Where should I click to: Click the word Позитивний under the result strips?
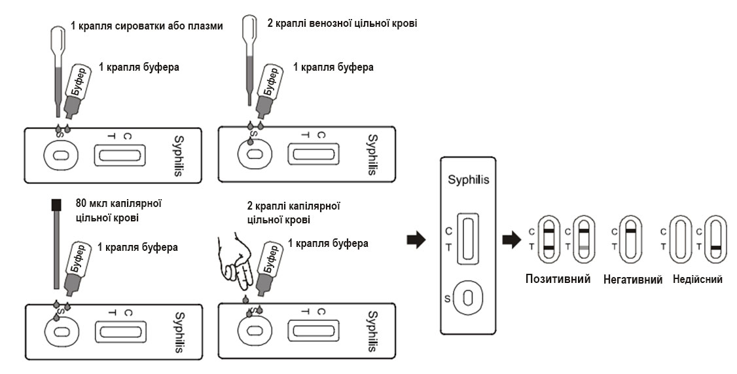[x=558, y=279]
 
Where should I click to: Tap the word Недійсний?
[x=697, y=279]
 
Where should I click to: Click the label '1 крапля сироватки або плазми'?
[x=147, y=27]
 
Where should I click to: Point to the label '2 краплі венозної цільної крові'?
[x=342, y=23]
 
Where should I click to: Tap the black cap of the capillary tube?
[x=56, y=205]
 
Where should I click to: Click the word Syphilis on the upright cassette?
[x=468, y=180]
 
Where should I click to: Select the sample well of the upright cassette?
[x=468, y=298]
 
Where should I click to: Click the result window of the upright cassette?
[x=468, y=239]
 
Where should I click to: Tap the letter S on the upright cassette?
[x=448, y=299]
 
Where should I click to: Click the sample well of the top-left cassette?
[x=59, y=155]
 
